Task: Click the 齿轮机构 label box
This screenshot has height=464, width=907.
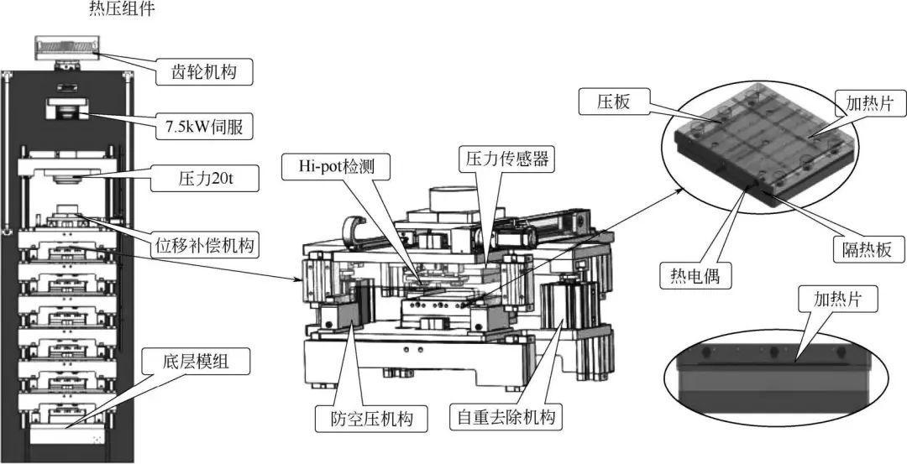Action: point(206,73)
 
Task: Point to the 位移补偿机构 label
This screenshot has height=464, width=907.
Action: point(206,247)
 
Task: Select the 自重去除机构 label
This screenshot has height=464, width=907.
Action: point(506,417)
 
